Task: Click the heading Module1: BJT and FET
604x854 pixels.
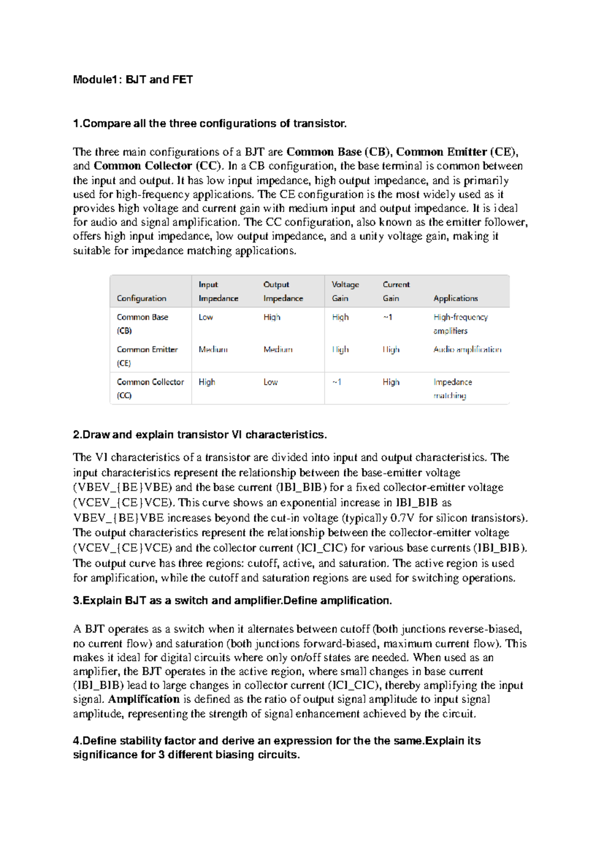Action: (x=133, y=80)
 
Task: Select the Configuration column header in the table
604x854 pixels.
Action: (x=141, y=298)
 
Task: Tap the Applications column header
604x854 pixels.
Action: (x=456, y=298)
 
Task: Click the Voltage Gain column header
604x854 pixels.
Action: (x=345, y=291)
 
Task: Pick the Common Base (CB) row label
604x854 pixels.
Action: (x=142, y=324)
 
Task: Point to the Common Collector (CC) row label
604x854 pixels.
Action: (x=150, y=388)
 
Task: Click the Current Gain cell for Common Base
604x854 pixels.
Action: (x=388, y=317)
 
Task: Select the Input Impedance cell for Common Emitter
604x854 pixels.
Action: (x=213, y=349)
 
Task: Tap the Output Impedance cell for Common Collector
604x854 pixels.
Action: (x=270, y=382)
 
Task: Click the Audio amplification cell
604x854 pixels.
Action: (x=467, y=349)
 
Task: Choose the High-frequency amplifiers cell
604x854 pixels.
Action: (x=460, y=324)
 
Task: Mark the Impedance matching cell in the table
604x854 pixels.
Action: (x=452, y=388)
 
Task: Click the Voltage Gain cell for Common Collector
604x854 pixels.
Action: (x=337, y=382)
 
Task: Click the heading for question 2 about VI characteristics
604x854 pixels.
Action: (x=200, y=435)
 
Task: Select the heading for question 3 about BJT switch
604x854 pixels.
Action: (x=232, y=600)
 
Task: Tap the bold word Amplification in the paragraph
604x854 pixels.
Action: (x=144, y=699)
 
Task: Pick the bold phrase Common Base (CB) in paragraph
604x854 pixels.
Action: (x=339, y=152)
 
